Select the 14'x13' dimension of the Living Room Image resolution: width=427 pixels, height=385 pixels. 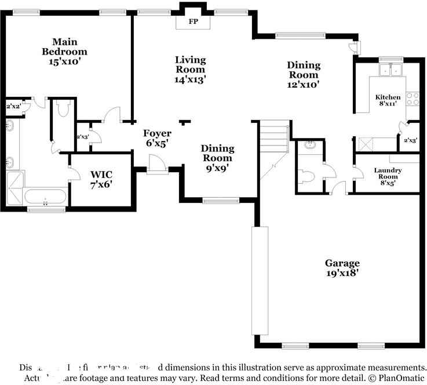[191, 79]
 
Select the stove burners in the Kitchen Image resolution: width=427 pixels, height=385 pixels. [413, 99]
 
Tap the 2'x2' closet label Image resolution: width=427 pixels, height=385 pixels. [12, 106]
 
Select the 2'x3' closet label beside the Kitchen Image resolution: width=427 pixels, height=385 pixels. [410, 140]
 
